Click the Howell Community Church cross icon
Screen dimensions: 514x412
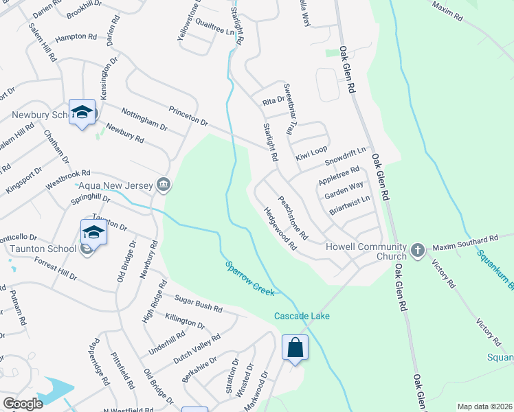(418, 251)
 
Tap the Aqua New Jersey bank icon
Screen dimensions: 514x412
(164, 184)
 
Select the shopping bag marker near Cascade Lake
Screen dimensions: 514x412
(295, 347)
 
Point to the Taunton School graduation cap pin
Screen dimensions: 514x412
(93, 233)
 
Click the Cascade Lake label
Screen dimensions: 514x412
(302, 316)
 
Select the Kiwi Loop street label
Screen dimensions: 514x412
(311, 150)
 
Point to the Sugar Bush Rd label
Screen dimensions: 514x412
(199, 301)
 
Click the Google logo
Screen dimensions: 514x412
(23, 404)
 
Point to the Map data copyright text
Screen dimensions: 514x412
(484, 407)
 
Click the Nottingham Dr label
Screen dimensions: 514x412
(144, 118)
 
